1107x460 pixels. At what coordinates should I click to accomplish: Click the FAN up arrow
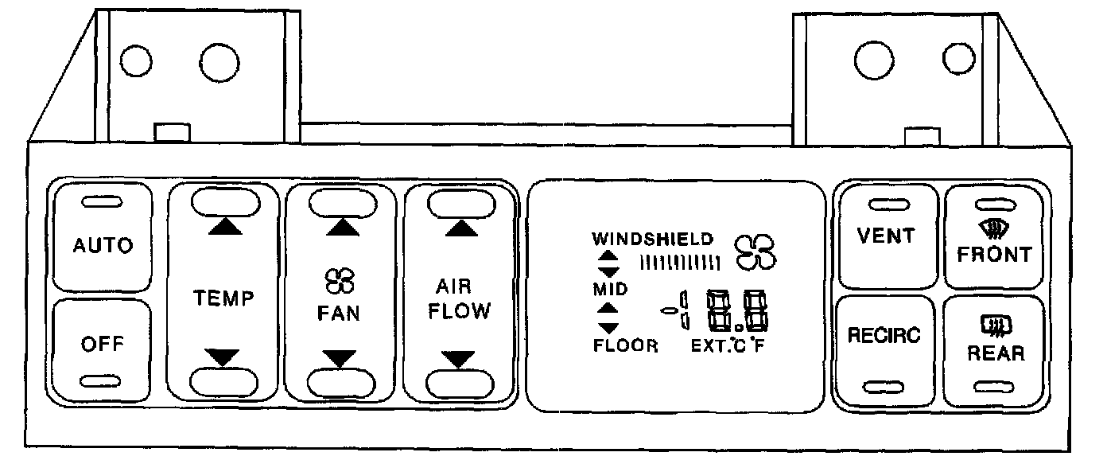tap(342, 227)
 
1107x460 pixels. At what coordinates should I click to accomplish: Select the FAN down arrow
tap(342, 359)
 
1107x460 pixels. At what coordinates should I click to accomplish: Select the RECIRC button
tap(883, 335)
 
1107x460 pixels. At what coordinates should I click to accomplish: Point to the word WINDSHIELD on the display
tap(653, 237)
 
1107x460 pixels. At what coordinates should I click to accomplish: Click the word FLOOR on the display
tap(625, 346)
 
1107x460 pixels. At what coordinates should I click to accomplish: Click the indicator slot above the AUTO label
tap(102, 202)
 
